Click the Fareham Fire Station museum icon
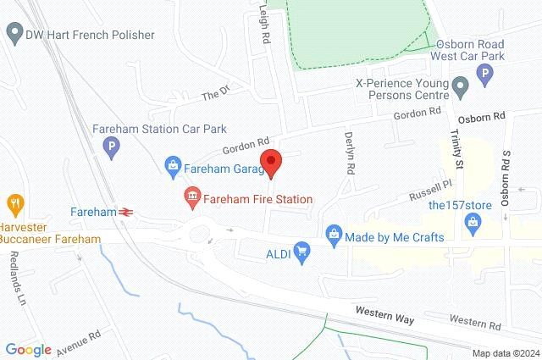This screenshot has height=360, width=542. tap(191, 199)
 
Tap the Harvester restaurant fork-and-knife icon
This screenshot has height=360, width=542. tap(14, 203)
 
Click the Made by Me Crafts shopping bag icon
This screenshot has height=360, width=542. tap(334, 233)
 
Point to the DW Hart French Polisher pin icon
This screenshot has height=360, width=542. tap(14, 35)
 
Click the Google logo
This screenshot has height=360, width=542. tap(28, 349)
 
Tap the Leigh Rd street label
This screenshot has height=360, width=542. tap(263, 17)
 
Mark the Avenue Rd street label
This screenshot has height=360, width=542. tap(80, 341)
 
